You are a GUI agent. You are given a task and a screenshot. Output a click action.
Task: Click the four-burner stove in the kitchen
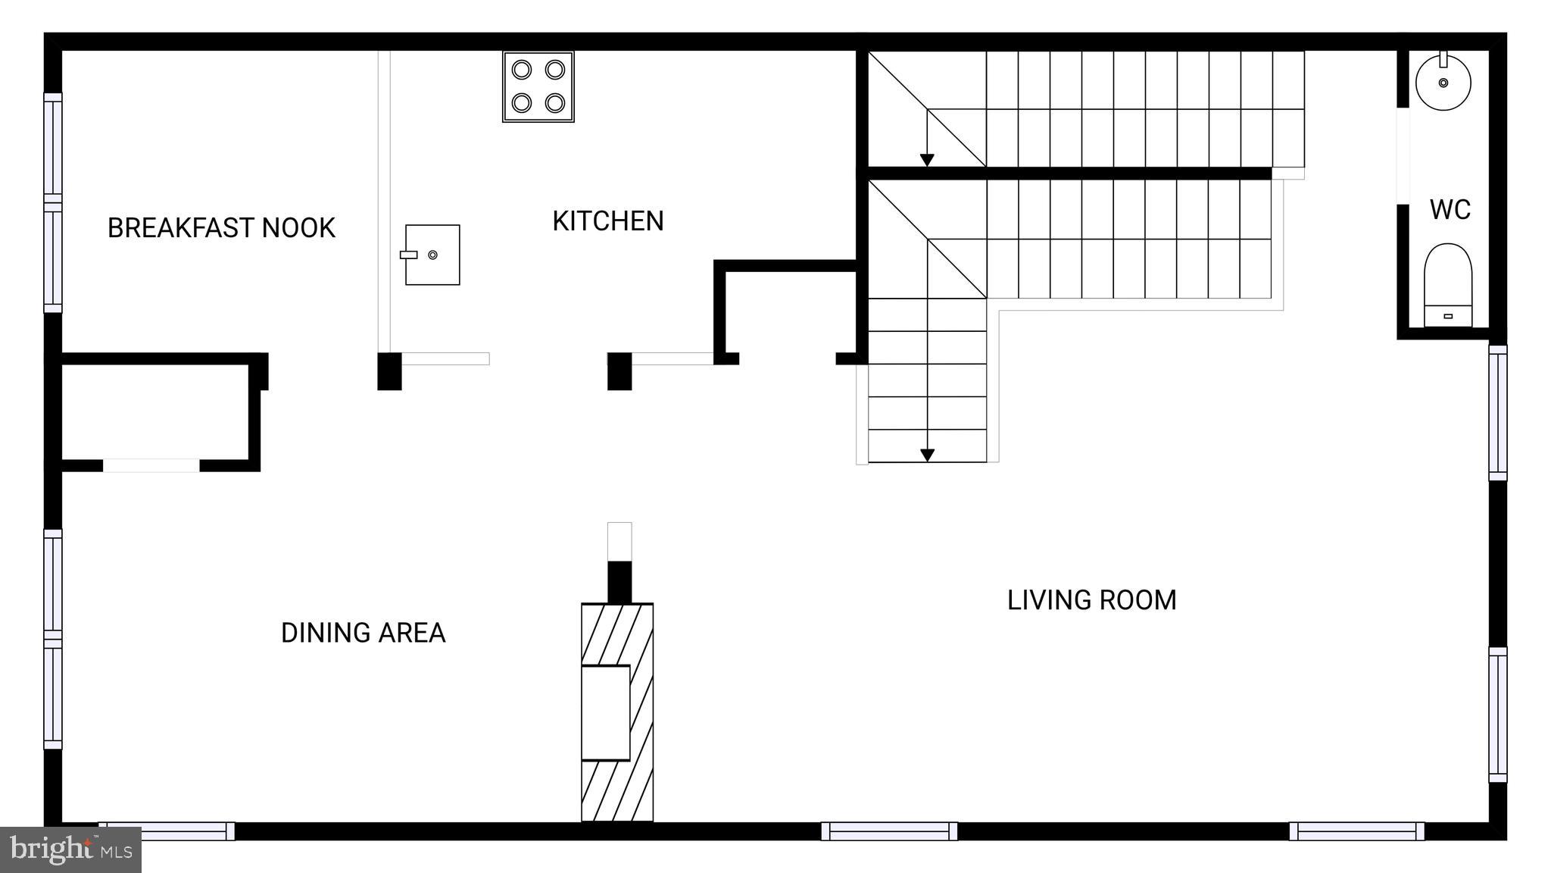[x=538, y=86]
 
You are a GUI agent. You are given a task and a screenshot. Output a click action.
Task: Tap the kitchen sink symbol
[x=432, y=255]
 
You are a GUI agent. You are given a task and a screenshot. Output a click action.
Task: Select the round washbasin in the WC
[x=1443, y=83]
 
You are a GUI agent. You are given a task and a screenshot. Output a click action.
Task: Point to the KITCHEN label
[x=607, y=221]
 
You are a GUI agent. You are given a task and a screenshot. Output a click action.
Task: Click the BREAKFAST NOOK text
[x=221, y=228]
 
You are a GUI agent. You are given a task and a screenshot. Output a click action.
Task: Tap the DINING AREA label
[x=363, y=633]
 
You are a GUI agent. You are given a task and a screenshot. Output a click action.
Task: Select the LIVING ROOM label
[x=1091, y=600]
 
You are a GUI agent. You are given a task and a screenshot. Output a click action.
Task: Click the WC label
[x=1450, y=210]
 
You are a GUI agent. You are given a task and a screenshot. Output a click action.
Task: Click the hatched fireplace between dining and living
[x=617, y=712]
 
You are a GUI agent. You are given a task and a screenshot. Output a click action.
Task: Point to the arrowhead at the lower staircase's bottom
[x=927, y=455]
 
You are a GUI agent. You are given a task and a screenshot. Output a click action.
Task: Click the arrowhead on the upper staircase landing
[x=927, y=160]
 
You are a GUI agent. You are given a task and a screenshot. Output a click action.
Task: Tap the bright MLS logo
[x=70, y=850]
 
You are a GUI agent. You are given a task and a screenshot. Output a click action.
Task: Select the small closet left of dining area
[x=155, y=411]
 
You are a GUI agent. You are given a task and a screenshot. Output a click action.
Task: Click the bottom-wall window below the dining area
[x=167, y=831]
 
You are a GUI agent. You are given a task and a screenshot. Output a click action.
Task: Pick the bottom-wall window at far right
[x=1356, y=831]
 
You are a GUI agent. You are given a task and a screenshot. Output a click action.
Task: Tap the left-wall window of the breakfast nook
[x=52, y=203]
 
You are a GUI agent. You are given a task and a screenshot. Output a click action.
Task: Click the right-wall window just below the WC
[x=1497, y=413]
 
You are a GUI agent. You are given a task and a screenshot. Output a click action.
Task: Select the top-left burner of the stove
[x=522, y=70]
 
